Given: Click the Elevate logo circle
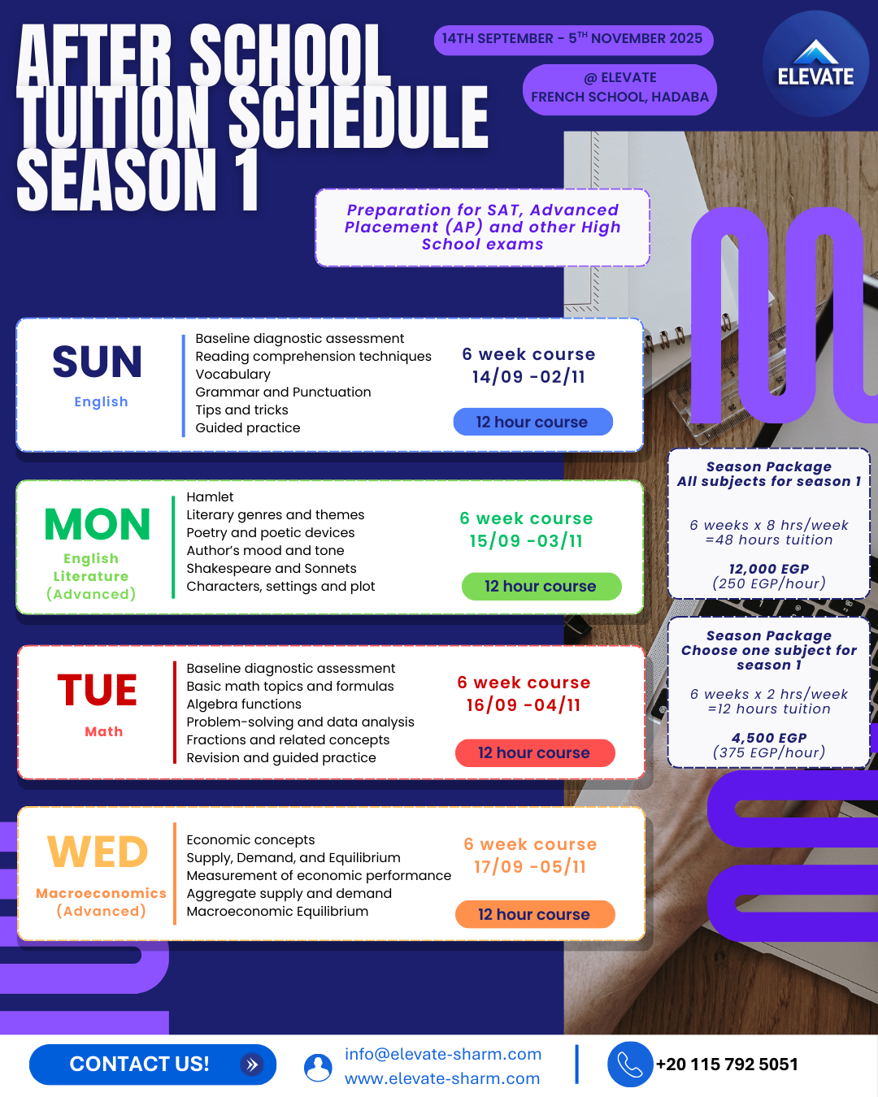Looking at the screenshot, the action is tap(815, 64).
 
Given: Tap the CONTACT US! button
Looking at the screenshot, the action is tap(153, 1064).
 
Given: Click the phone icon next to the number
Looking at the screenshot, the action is tap(630, 1064).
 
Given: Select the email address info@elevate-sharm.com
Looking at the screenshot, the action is tap(443, 1054).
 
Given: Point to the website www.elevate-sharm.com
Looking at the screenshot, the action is tap(441, 1078).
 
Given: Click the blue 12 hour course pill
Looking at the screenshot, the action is tap(532, 422).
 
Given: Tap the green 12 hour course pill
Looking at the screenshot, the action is tap(541, 586).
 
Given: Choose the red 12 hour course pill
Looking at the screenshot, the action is tap(535, 753).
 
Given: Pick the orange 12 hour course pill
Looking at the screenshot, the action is tap(535, 914).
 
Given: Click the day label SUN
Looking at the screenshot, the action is tap(97, 362).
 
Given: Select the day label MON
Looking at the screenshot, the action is tap(97, 524).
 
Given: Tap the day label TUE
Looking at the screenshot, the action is tap(97, 690).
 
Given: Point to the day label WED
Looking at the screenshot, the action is tap(98, 852).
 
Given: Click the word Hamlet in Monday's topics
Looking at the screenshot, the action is tap(210, 496).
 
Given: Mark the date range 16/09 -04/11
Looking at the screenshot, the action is tap(524, 705).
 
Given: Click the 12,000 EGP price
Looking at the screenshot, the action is tap(769, 569).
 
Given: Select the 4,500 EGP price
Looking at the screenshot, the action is tap(769, 738).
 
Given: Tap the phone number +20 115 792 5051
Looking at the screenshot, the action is tap(727, 1064).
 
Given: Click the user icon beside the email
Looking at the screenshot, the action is tap(318, 1068).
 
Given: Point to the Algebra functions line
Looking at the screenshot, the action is tap(244, 704).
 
